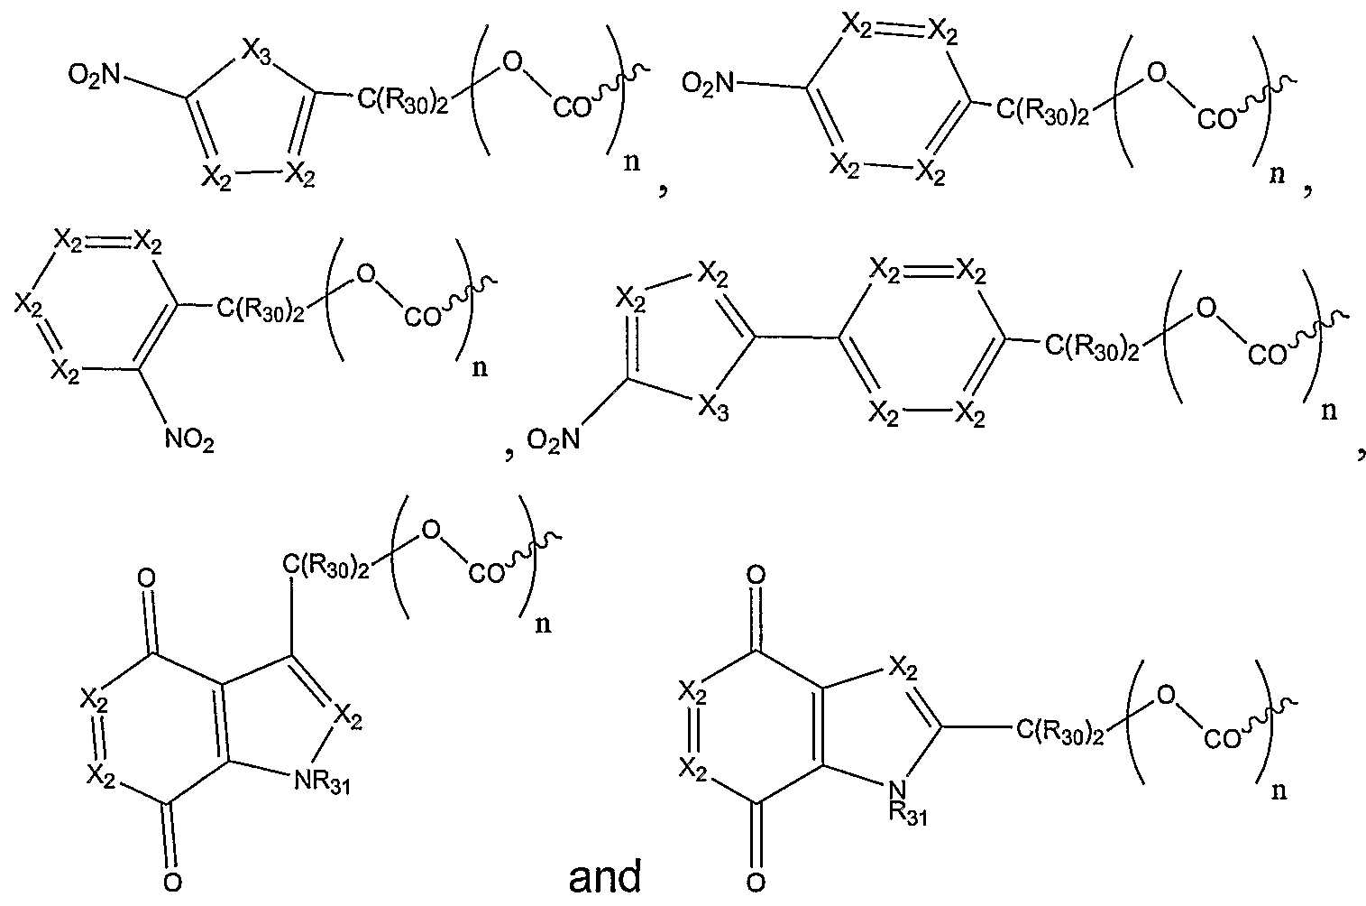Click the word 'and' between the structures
[606, 876]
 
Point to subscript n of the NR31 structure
[544, 624]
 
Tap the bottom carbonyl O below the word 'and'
[756, 879]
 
